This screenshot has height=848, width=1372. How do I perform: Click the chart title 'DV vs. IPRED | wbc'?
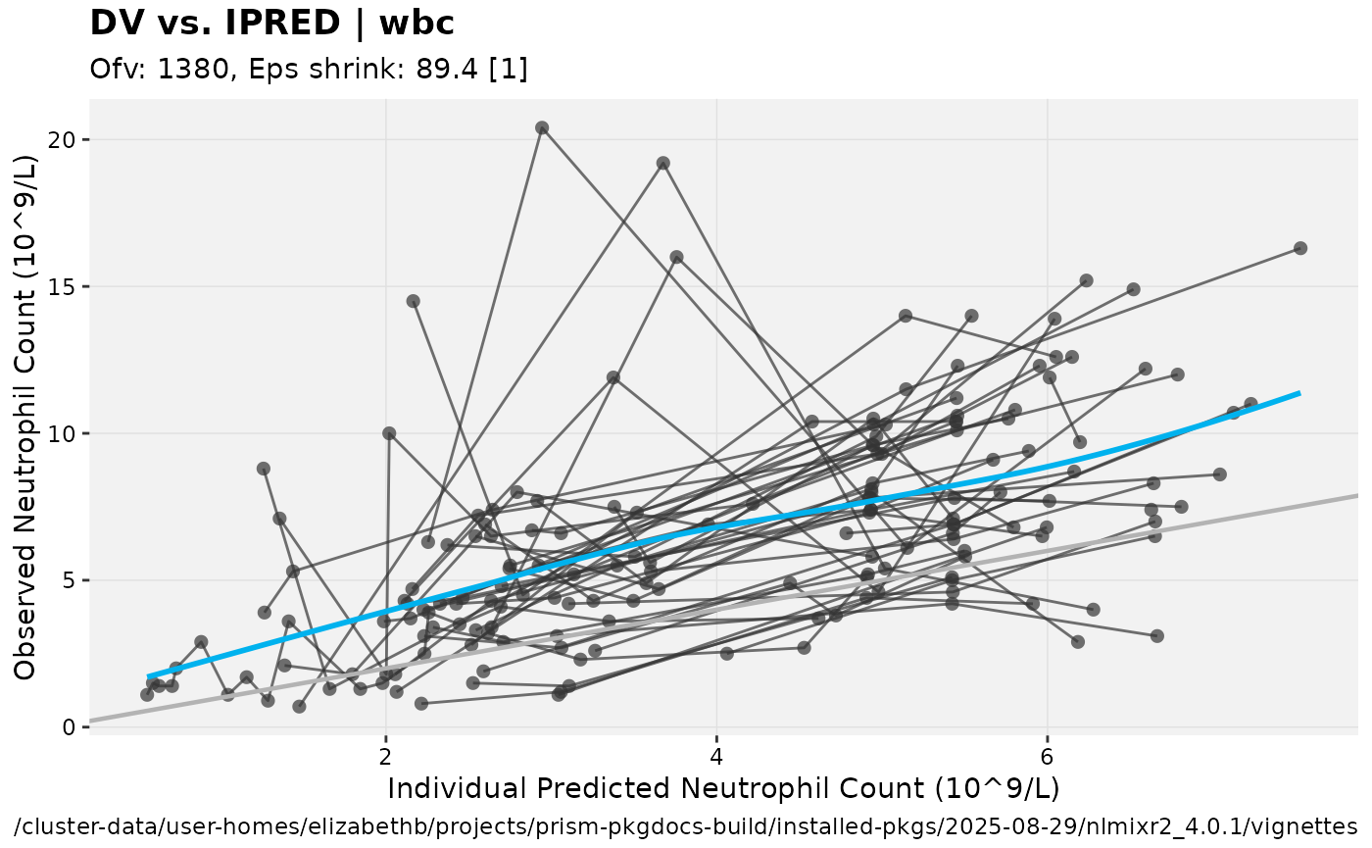[271, 24]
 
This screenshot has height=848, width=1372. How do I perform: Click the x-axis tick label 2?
[385, 758]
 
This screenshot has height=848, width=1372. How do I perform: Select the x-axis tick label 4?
[716, 758]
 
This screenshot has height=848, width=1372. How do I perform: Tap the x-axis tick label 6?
[1048, 758]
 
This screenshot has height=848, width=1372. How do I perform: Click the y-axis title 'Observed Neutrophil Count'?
[26, 416]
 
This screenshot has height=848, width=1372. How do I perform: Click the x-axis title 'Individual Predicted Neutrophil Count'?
[723, 789]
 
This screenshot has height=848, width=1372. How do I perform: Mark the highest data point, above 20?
[542, 127]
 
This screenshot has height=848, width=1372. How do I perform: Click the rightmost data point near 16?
[1300, 248]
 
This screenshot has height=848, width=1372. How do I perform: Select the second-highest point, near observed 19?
[663, 163]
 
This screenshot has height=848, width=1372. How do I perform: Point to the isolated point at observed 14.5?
[414, 301]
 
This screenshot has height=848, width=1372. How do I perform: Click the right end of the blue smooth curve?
[1298, 393]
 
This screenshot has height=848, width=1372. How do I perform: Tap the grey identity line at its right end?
[1354, 496]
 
